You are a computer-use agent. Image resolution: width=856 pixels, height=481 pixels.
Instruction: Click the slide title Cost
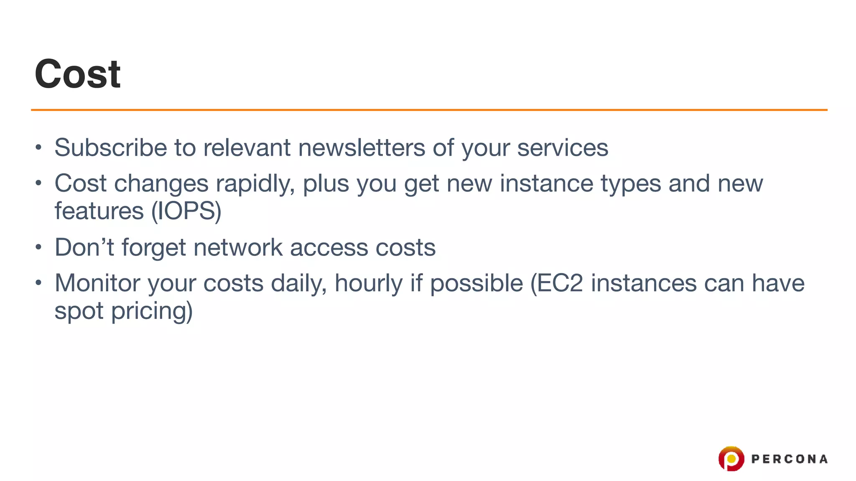(78, 74)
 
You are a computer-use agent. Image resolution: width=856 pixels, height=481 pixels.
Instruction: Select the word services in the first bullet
(563, 147)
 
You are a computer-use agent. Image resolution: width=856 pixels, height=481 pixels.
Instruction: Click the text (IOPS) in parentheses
(186, 211)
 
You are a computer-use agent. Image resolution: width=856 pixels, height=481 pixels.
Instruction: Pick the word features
(99, 211)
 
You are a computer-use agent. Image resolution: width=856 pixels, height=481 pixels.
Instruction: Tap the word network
(238, 247)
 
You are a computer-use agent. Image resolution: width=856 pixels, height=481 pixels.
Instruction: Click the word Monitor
(97, 283)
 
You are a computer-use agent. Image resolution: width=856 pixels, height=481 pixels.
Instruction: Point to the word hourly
(368, 283)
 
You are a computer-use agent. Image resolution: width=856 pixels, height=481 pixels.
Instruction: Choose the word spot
(79, 311)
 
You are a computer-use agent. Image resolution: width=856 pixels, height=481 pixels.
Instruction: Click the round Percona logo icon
(731, 458)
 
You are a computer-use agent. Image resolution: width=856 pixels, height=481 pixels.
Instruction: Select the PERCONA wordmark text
(789, 459)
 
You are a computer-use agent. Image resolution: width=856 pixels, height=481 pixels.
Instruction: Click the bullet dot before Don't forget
(38, 247)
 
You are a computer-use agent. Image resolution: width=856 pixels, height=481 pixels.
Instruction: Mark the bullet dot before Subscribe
(38, 147)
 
